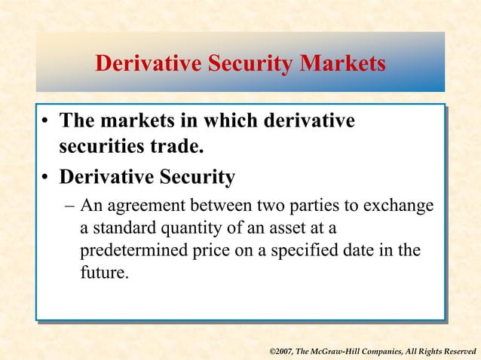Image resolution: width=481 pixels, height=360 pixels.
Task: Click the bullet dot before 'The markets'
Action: click(x=47, y=122)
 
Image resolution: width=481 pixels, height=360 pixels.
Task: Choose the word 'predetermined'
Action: click(x=126, y=250)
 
